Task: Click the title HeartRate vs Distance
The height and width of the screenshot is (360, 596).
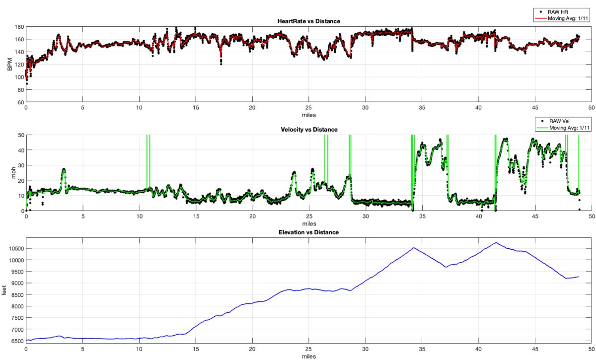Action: [x=308, y=21]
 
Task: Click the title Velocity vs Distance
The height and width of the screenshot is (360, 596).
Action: [x=308, y=130]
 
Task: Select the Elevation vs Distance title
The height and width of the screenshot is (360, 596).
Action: [x=308, y=232]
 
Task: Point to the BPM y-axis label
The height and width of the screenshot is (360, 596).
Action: [x=9, y=65]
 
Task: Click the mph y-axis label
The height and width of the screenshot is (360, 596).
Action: [x=9, y=173]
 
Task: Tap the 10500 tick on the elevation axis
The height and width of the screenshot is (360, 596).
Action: [x=14, y=249]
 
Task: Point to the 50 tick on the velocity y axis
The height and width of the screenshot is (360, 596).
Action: [x=19, y=135]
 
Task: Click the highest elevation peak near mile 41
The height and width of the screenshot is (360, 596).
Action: [x=495, y=243]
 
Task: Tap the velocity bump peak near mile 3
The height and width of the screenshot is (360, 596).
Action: [x=64, y=169]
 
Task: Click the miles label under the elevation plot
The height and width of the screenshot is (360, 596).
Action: [x=308, y=356]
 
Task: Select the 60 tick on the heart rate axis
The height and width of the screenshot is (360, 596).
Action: [x=19, y=102]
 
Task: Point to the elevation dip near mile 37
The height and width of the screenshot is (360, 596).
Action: [x=446, y=267]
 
